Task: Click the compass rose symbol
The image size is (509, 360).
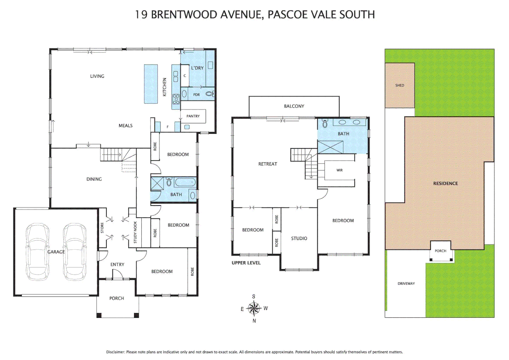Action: coord(254,308)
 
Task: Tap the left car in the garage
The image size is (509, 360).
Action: coord(38,252)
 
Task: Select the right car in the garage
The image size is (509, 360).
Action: coord(75,252)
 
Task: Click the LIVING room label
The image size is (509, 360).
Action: coord(97,76)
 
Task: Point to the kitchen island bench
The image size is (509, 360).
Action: coord(151,84)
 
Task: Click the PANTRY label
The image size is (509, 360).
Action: coord(193,116)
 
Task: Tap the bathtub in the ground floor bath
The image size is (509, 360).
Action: coord(185,182)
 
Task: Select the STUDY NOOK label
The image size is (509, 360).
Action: coord(135,232)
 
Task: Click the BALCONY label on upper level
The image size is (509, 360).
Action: coord(294,106)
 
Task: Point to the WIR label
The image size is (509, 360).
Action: coord(339,170)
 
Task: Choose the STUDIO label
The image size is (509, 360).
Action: coord(299,238)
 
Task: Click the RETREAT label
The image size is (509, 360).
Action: coord(267,164)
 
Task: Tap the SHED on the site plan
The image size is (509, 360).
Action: coord(399,85)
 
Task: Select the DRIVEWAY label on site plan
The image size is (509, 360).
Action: coord(406,284)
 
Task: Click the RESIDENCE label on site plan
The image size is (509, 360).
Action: coord(445,183)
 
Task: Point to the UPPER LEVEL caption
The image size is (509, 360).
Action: coord(246,263)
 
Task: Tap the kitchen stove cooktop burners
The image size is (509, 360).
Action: coord(176,99)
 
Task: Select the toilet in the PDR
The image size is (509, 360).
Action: coord(210,94)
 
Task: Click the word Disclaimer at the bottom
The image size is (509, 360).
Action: coord(115,352)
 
